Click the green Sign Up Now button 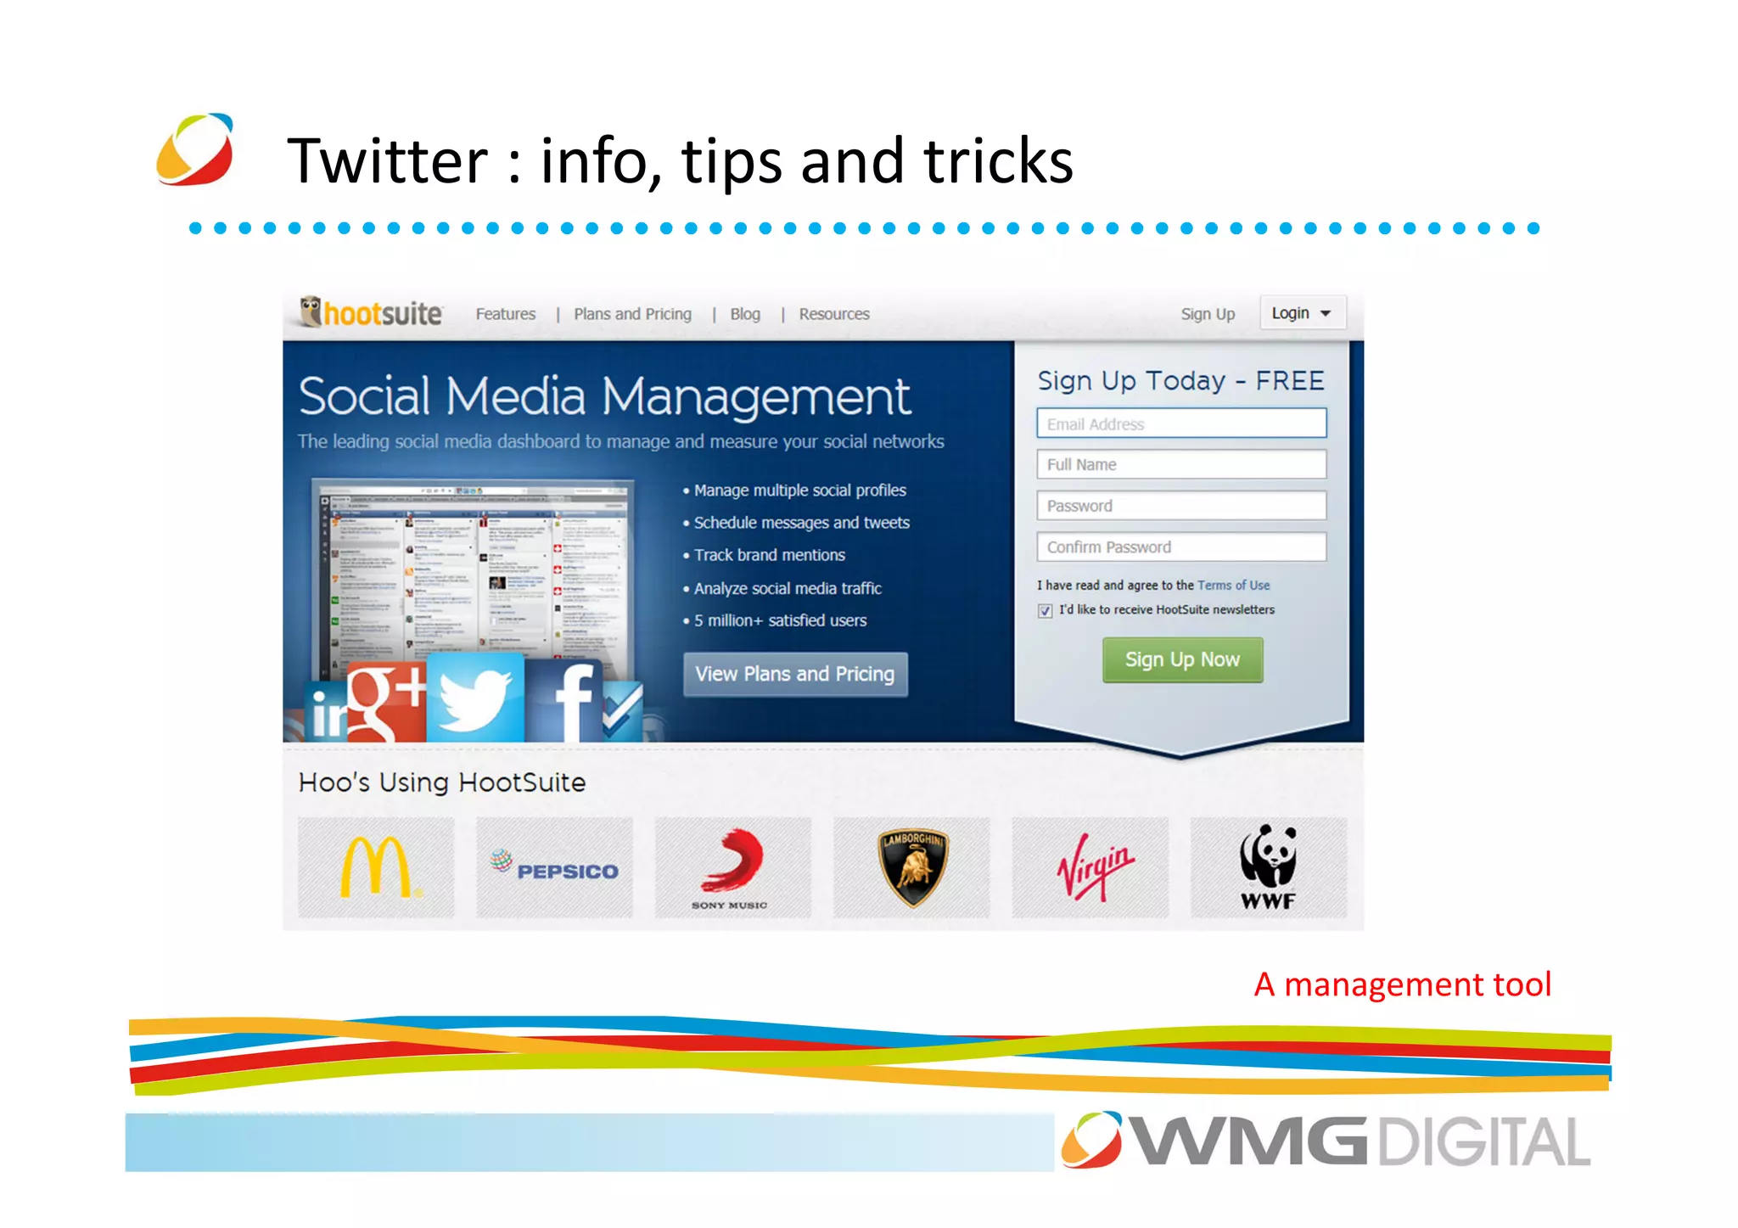(x=1182, y=660)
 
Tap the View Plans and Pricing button (x=795, y=674)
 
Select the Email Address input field (x=1181, y=423)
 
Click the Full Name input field (x=1181, y=464)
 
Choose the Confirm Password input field (x=1181, y=547)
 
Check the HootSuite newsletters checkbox (x=1045, y=611)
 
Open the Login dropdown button (x=1302, y=313)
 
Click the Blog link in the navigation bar (x=745, y=314)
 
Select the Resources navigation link (x=834, y=314)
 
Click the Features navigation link (x=506, y=314)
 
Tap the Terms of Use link (x=1233, y=586)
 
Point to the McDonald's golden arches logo (x=376, y=867)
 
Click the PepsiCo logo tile (x=555, y=867)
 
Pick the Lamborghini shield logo (x=911, y=867)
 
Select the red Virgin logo (x=1093, y=867)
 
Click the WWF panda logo (x=1268, y=867)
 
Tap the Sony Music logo (x=732, y=867)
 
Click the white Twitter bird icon (x=475, y=698)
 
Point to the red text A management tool (x=1403, y=984)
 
